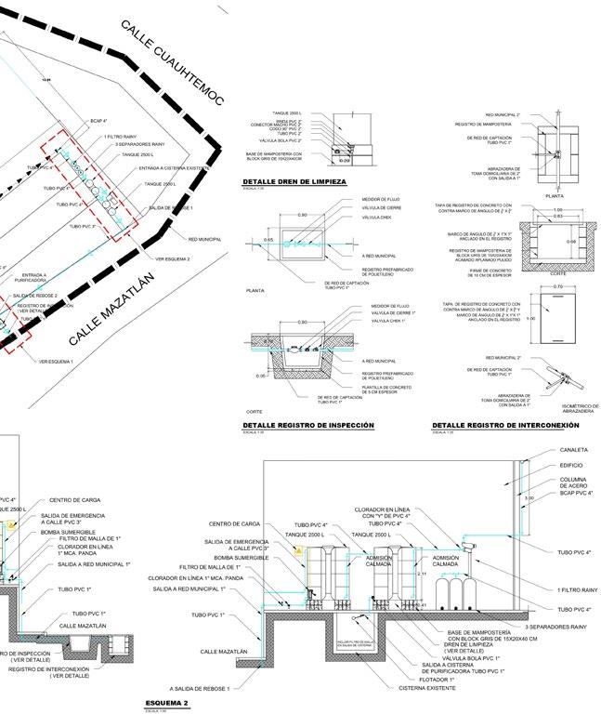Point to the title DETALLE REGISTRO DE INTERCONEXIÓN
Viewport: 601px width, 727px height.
[x=505, y=425]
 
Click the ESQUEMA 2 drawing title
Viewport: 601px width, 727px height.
[x=161, y=703]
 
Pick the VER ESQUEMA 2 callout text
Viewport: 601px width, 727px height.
[x=173, y=258]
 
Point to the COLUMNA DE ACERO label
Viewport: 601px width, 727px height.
[x=574, y=484]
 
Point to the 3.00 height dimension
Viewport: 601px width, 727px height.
[x=530, y=499]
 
